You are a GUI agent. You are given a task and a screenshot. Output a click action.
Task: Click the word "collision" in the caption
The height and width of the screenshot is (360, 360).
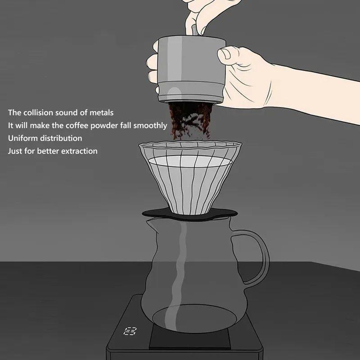pos(38,112)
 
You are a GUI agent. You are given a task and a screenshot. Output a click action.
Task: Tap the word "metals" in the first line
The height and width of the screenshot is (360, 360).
pos(102,112)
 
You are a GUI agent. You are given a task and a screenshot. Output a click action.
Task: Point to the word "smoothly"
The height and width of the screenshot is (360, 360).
pos(150,126)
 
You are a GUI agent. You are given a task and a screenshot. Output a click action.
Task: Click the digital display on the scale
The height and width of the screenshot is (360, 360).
pos(130,331)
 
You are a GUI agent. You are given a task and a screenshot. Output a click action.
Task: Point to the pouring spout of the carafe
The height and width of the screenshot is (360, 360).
pos(152,223)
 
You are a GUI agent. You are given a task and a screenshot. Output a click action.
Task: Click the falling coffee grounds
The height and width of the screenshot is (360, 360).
pos(189,121)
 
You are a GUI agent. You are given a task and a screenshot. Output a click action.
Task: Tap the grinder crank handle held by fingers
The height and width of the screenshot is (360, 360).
pos(194,30)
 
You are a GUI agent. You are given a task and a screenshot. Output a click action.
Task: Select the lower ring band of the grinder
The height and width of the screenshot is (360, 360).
pos(190,92)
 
